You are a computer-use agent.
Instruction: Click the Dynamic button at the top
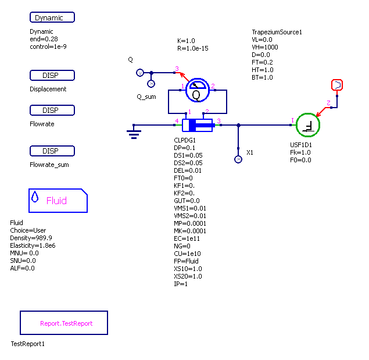pos(52,17)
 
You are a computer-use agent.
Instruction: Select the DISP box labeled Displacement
pos(52,76)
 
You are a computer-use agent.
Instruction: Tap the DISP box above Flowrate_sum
pos(52,151)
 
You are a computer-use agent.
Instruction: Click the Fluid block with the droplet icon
pos(58,201)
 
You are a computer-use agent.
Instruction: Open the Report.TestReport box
pos(64,323)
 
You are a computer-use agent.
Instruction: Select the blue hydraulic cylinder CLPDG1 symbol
pos(198,124)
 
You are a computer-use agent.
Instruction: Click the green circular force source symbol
pos(308,124)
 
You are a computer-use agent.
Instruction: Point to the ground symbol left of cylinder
pos(134,133)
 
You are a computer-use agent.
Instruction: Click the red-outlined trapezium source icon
pos(337,85)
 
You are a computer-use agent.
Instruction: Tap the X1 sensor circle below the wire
pos(238,159)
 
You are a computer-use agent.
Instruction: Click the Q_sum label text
pos(146,97)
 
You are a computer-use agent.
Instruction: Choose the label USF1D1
pos(301,145)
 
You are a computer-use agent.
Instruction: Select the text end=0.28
pos(42,39)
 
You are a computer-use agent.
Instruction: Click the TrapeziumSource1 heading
pos(277,32)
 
